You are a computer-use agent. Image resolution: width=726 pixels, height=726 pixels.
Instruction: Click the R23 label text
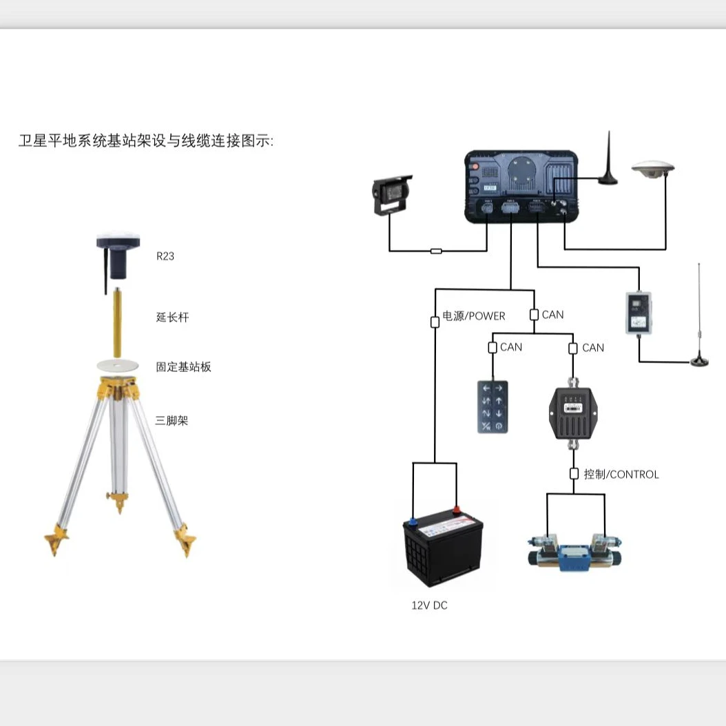(x=165, y=256)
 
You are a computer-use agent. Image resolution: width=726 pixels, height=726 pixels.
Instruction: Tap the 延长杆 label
(x=172, y=318)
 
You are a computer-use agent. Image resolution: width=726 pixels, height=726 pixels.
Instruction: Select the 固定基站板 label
(x=183, y=367)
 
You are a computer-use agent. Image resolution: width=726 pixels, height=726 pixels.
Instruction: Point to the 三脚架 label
(x=172, y=420)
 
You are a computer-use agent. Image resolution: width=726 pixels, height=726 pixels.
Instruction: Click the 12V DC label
(x=429, y=605)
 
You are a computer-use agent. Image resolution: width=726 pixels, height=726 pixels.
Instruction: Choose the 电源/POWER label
(x=474, y=316)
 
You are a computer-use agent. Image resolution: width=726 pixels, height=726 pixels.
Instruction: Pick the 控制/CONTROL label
(x=621, y=475)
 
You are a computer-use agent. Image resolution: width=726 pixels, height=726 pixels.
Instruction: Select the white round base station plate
(x=118, y=364)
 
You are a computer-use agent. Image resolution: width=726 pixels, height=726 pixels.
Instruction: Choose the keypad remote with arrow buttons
(x=492, y=407)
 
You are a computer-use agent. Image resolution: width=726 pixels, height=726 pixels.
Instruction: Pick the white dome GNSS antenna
(x=652, y=169)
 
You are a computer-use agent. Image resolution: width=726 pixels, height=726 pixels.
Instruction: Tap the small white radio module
(x=639, y=313)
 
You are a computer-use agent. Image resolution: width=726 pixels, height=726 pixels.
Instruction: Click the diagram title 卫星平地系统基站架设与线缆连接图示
(x=146, y=141)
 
